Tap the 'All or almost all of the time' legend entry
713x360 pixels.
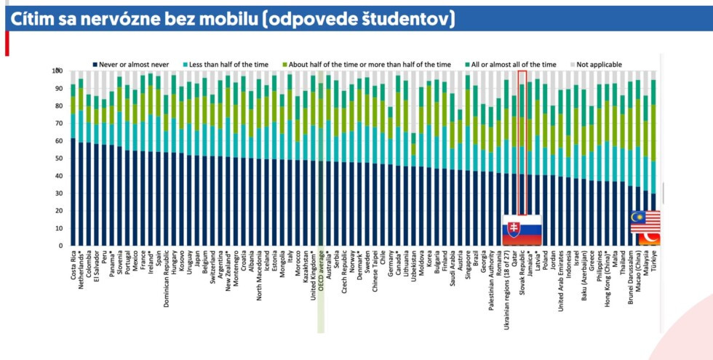[x=514, y=65]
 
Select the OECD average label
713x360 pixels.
[x=319, y=270]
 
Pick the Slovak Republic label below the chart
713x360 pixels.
[x=521, y=275]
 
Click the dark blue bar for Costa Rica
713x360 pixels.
[x=73, y=192]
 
